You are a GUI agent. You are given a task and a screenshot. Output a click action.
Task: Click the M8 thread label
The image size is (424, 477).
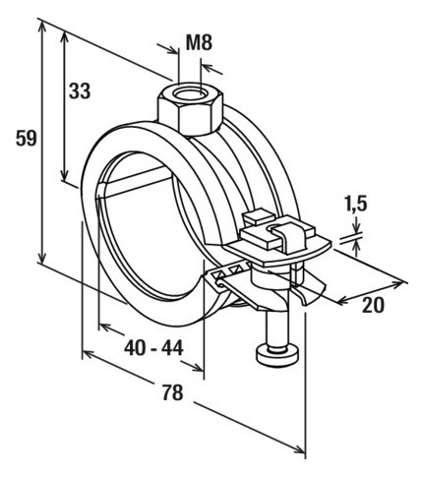coord(199,42)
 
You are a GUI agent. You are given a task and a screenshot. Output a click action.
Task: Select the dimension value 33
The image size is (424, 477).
coord(80,90)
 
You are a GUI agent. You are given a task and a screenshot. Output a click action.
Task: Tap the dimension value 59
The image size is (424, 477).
coord(27,139)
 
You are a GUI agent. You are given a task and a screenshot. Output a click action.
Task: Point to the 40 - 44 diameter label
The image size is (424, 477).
coord(153,348)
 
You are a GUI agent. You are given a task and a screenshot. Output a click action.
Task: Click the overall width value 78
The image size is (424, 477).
coord(172,393)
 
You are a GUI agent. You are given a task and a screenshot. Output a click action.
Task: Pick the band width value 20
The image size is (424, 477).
coord(373,305)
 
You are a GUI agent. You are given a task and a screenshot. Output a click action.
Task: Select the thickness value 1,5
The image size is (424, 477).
coord(356,205)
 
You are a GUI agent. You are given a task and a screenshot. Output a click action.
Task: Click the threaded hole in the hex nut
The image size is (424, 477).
coord(190,93)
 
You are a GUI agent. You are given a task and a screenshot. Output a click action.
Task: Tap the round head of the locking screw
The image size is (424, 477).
coord(277,355)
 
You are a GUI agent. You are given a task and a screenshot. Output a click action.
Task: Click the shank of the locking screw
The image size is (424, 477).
coord(277,327)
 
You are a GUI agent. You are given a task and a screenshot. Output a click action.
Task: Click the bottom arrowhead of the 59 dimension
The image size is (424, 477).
coord(41,257)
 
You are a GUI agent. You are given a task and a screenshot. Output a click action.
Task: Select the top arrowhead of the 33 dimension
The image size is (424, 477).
coord(65,38)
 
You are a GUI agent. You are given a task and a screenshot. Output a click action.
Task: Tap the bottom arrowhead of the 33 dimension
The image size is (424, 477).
coord(65,174)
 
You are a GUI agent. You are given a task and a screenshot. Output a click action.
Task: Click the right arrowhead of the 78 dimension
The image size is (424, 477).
coord(299,448)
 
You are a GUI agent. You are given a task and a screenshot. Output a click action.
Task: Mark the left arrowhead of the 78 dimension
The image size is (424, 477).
coord(88,354)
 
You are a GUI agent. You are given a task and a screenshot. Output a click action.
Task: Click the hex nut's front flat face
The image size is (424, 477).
coord(196,120)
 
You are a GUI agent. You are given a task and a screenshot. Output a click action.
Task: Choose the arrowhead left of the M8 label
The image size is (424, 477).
coord(173,49)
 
